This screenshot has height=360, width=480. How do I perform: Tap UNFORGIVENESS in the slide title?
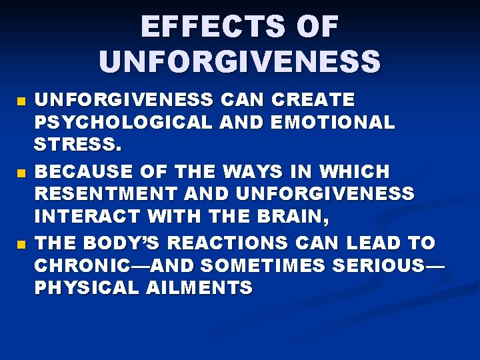point(240,61)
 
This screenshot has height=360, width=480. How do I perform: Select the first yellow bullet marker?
point(20,102)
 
